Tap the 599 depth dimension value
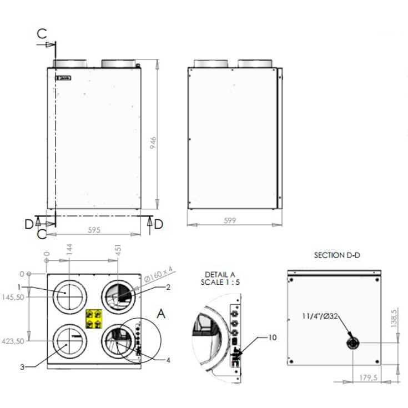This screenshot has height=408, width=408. point(230,220)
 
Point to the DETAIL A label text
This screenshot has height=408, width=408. point(219,275)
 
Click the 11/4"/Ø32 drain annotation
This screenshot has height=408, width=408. point(319,316)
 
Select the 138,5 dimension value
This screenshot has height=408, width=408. point(393,319)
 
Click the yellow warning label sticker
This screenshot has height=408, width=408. point(94,318)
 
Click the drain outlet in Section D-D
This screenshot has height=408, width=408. point(351,343)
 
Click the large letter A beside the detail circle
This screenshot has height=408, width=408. point(161,314)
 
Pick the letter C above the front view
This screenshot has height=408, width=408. point(42,33)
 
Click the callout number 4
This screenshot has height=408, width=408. point(168,360)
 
